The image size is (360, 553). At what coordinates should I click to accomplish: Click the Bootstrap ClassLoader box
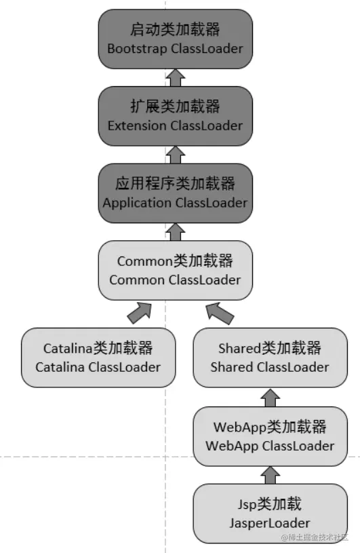tap(175, 39)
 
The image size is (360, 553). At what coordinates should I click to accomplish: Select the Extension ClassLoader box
tap(175, 116)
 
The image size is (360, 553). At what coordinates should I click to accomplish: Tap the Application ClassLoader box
tap(175, 193)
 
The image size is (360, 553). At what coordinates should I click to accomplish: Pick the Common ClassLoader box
tap(175, 270)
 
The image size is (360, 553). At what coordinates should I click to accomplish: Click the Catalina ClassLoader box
tap(98, 358)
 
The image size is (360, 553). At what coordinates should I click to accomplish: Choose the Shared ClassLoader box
tap(270, 358)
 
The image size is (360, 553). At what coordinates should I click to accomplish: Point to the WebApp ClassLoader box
tap(270, 436)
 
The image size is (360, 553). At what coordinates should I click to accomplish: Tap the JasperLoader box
tap(270, 513)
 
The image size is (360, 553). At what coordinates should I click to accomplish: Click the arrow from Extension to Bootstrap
tap(175, 77)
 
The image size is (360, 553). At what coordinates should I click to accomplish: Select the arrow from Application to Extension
tap(175, 155)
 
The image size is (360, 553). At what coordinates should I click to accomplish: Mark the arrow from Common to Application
tap(175, 231)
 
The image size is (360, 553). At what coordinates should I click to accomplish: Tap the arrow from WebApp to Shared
tap(270, 398)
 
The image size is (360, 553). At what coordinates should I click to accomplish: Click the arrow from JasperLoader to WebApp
tap(270, 474)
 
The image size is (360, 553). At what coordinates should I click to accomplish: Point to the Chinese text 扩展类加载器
tap(175, 107)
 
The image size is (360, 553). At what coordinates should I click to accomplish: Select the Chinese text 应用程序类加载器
tap(175, 184)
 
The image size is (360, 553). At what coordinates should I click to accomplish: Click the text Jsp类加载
tap(270, 504)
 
